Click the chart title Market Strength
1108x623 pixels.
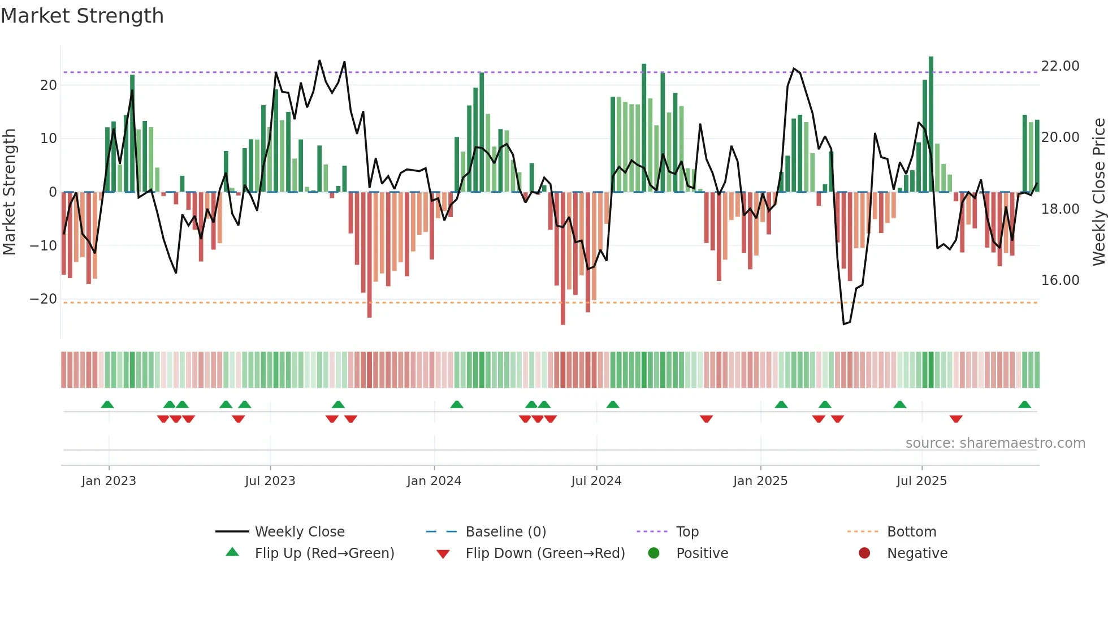[82, 16]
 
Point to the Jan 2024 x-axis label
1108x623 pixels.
[434, 481]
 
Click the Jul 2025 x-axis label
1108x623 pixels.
[921, 481]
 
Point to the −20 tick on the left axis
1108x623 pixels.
[44, 299]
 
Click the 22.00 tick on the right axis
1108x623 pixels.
[1060, 66]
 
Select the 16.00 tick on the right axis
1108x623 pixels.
[1060, 280]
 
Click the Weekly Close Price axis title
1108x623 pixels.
[1098, 192]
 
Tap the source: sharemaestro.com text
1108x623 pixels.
[995, 443]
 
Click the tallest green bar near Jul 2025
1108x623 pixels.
[931, 124]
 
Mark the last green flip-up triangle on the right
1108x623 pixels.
[1024, 405]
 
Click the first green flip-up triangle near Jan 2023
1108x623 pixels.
[107, 405]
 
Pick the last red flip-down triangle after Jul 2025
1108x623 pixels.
[956, 419]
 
